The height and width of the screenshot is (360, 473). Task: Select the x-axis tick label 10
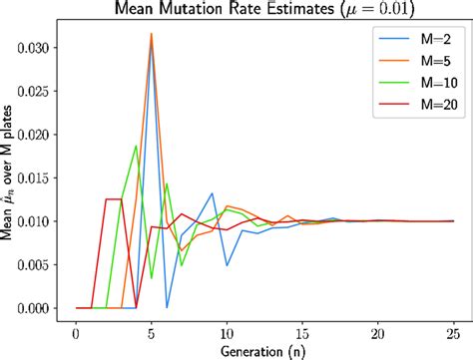[x=227, y=330]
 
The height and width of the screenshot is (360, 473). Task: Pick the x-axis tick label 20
[x=378, y=330]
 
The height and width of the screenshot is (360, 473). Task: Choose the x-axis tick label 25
[x=454, y=330]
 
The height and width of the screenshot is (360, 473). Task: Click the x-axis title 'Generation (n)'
[x=264, y=349]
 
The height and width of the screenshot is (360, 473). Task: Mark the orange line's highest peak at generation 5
[x=152, y=34]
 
